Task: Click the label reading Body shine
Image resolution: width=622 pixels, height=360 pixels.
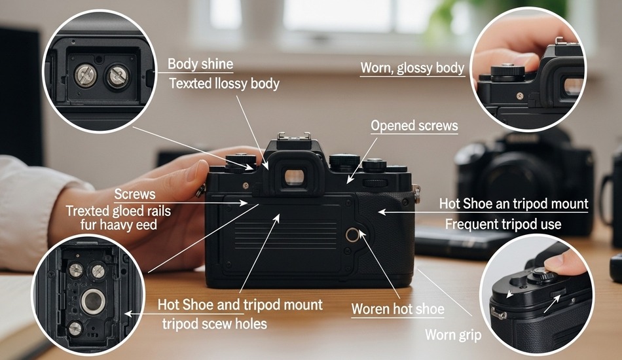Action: [200, 64]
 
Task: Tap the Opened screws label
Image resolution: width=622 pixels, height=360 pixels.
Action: [414, 126]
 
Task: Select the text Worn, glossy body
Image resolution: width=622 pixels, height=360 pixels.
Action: [412, 68]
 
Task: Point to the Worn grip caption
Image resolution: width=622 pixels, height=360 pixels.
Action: [453, 335]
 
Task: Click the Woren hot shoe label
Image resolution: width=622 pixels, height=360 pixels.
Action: [398, 309]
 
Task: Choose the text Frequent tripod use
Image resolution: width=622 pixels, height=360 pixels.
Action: [503, 224]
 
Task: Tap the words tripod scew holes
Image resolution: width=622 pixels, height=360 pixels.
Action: [215, 323]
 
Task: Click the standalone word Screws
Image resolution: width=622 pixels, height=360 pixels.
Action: [135, 194]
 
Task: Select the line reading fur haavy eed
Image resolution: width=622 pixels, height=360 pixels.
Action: [119, 225]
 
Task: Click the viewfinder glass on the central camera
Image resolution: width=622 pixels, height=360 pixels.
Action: [295, 177]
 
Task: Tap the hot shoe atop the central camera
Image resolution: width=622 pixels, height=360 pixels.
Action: [293, 136]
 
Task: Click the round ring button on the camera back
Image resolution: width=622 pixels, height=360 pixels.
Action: [352, 235]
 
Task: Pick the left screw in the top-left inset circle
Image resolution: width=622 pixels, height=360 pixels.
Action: [85, 75]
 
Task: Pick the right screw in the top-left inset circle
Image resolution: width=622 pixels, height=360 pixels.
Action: [117, 76]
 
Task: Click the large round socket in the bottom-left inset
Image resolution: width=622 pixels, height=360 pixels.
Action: [93, 301]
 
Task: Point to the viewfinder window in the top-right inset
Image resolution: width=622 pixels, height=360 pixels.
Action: [573, 87]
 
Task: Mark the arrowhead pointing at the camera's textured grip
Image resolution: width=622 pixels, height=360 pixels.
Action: [382, 212]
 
